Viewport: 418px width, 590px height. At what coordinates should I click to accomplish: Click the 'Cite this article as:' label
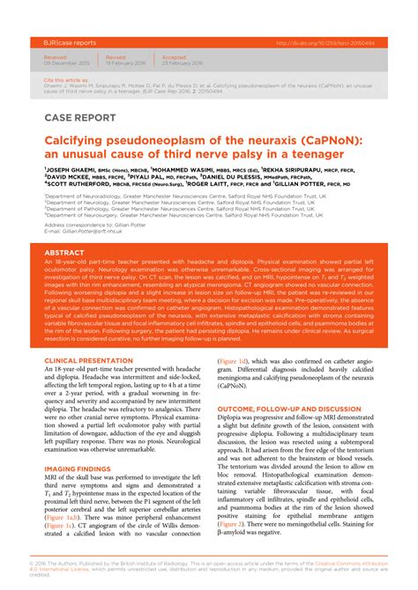pos(64,78)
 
